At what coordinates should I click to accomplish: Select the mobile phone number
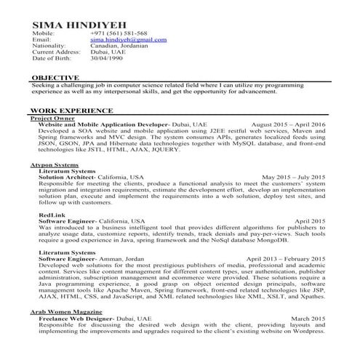119,33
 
